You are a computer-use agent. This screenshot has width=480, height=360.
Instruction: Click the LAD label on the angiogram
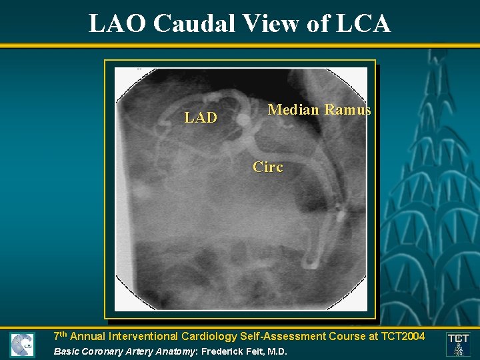201,118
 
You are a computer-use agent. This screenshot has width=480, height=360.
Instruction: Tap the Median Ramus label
319,110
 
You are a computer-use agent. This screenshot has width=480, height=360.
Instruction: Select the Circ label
267,167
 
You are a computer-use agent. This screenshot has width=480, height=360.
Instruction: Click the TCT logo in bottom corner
458,344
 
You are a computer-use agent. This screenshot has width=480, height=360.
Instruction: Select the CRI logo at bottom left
21,345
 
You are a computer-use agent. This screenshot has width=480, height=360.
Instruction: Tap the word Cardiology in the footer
201,336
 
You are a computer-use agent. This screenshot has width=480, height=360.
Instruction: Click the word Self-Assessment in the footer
273,336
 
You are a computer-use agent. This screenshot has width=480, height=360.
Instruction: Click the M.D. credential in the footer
277,351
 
